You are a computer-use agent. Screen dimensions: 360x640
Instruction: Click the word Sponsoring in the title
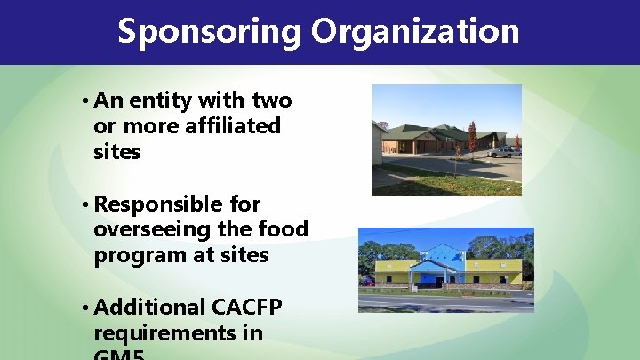click(210, 32)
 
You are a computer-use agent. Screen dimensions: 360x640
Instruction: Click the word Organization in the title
click(415, 32)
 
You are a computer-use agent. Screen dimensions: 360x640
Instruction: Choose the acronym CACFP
click(247, 307)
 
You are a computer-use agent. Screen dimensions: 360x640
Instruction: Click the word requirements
click(178, 333)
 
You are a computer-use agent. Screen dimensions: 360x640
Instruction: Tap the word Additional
click(148, 307)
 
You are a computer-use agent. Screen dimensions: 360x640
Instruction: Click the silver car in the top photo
click(504, 152)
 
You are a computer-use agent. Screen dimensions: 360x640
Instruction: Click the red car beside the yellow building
click(367, 281)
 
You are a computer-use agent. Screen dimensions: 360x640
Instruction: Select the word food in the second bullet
click(284, 229)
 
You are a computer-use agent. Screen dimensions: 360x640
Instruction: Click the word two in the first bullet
click(272, 100)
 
